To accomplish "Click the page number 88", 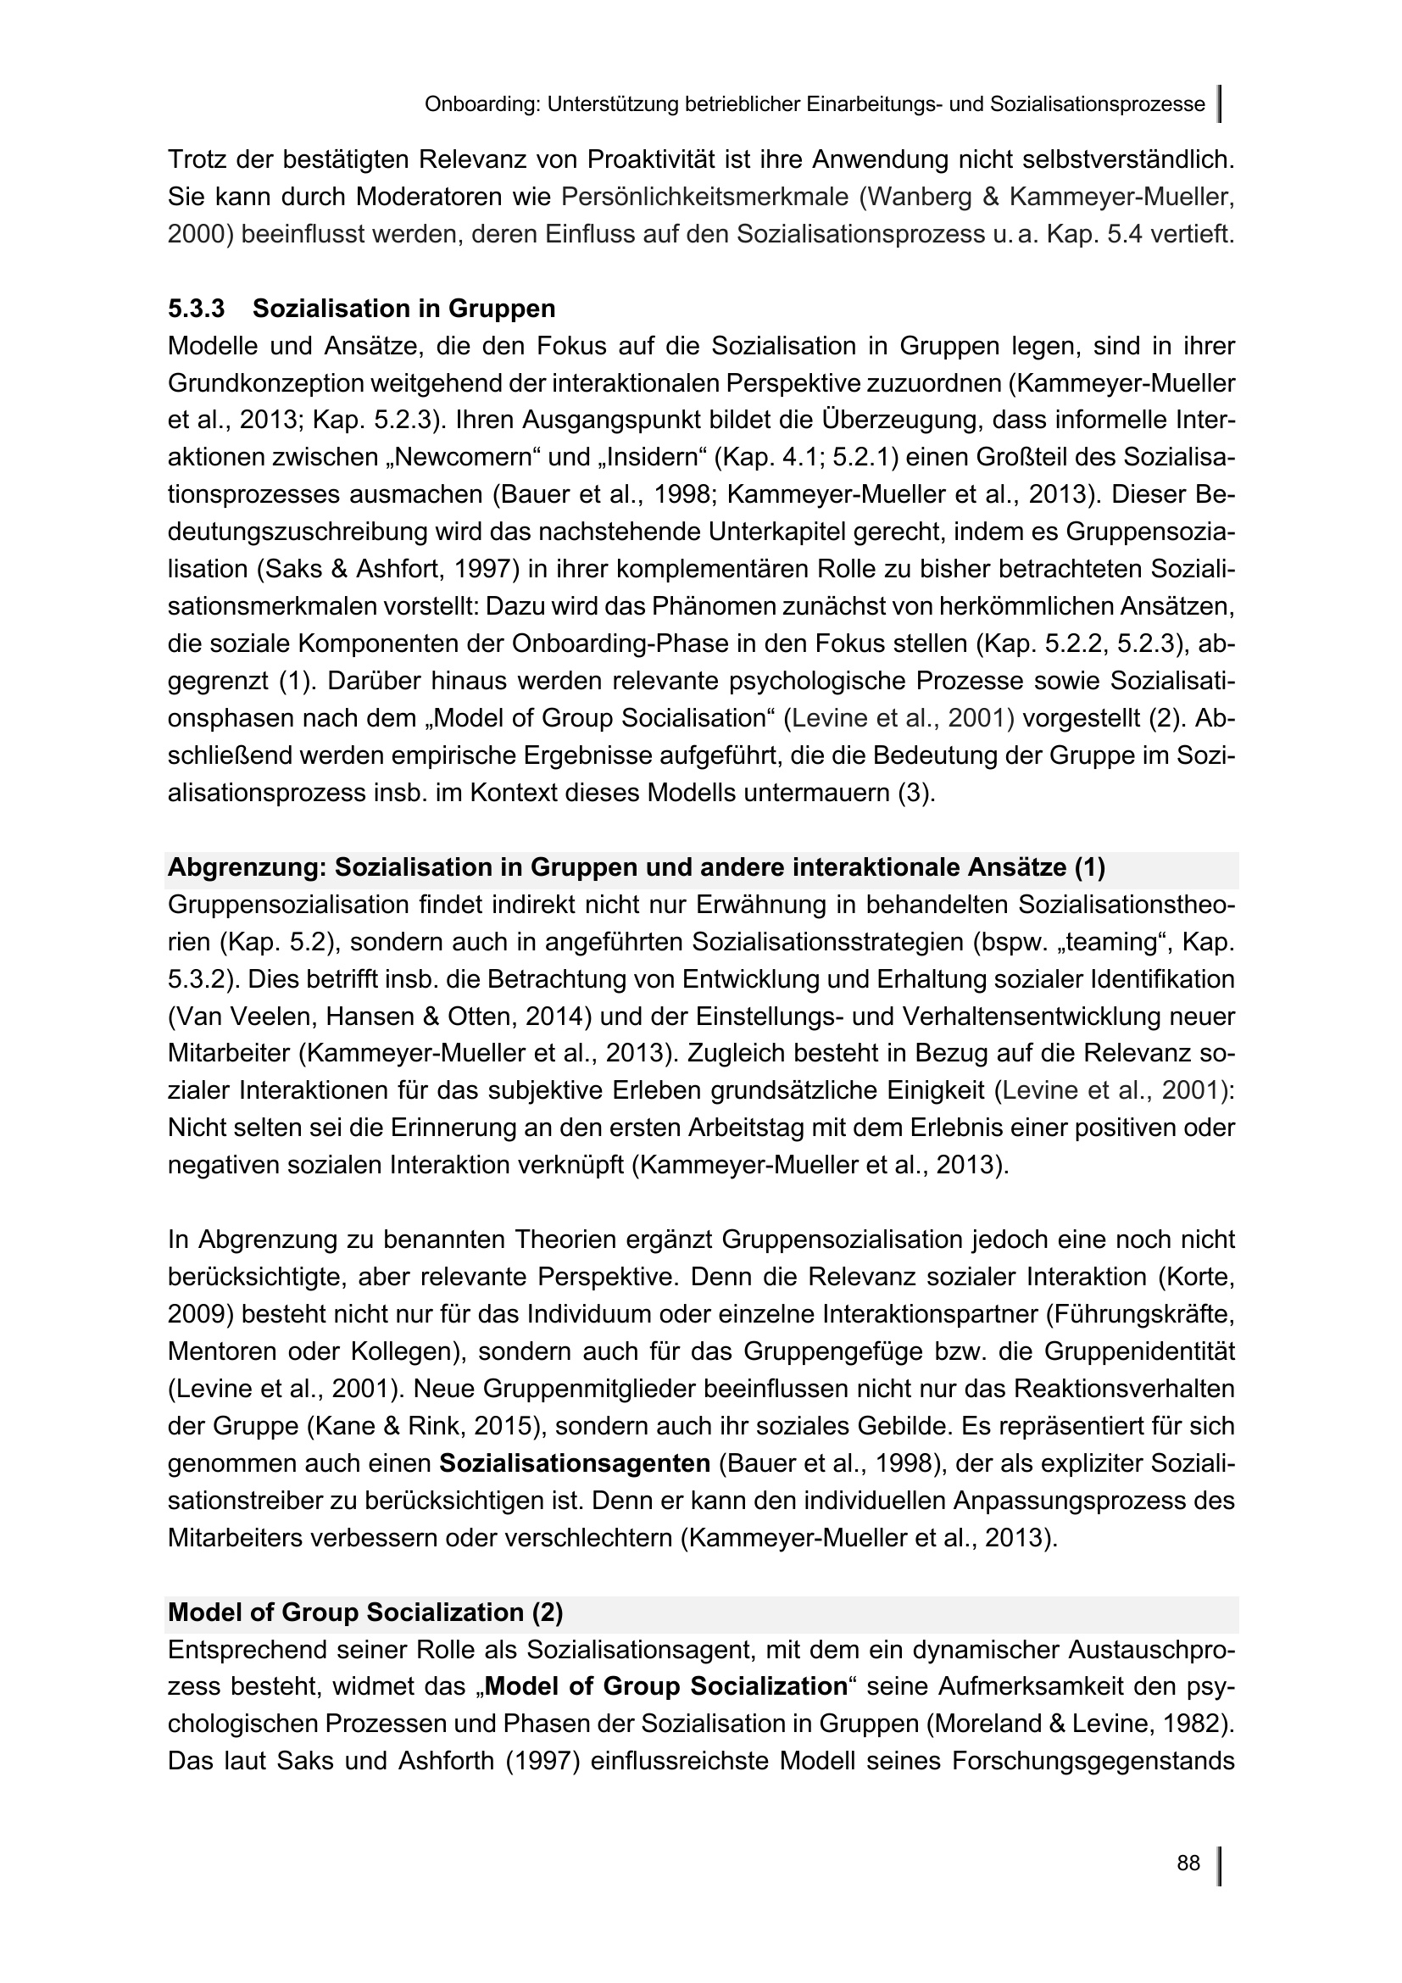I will [1188, 1863].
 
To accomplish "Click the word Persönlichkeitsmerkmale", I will [704, 197].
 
